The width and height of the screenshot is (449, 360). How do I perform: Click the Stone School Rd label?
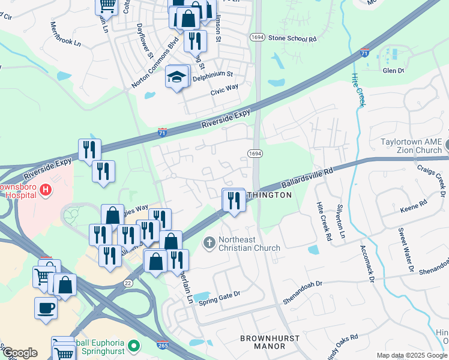292,38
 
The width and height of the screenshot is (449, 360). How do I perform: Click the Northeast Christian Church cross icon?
209,243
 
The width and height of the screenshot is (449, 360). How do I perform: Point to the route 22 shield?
127,283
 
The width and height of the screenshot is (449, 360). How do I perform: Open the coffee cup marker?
46,308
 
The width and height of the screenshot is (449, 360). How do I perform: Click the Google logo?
20,353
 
